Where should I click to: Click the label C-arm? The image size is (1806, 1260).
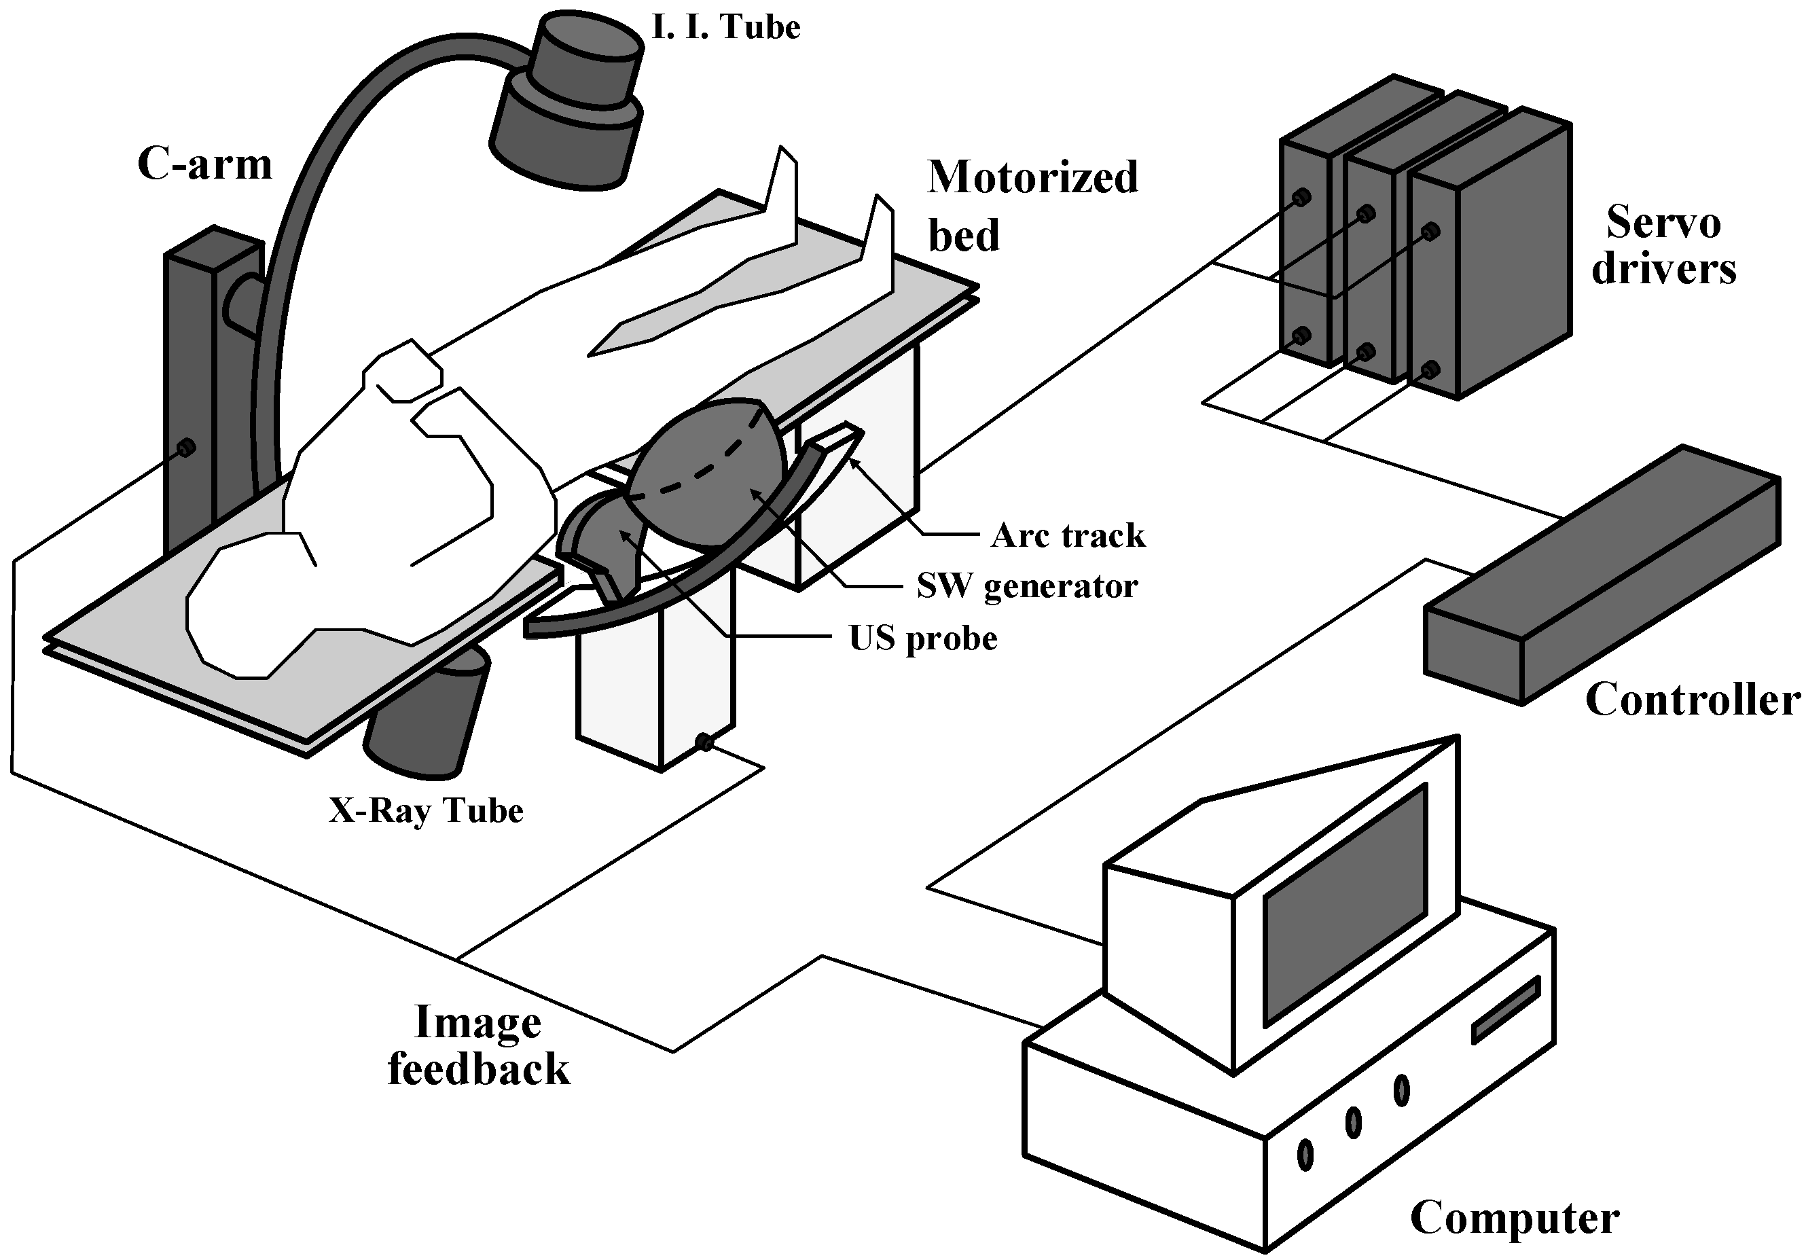[204, 164]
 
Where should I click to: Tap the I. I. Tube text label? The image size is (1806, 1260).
[725, 28]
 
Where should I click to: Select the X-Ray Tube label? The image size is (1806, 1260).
[426, 811]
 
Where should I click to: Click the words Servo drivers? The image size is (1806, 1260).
[1663, 245]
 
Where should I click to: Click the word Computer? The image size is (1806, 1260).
[1514, 1219]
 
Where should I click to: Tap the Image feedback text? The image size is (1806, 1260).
[478, 1046]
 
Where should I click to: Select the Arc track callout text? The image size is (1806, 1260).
[1068, 536]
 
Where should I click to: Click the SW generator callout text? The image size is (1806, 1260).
[1027, 586]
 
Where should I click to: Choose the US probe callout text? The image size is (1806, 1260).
[922, 638]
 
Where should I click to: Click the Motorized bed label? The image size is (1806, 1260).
[1032, 205]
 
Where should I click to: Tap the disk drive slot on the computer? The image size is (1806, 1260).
[1504, 1011]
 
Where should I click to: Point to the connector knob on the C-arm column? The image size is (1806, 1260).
[185, 448]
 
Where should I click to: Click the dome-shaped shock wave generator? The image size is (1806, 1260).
[708, 472]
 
